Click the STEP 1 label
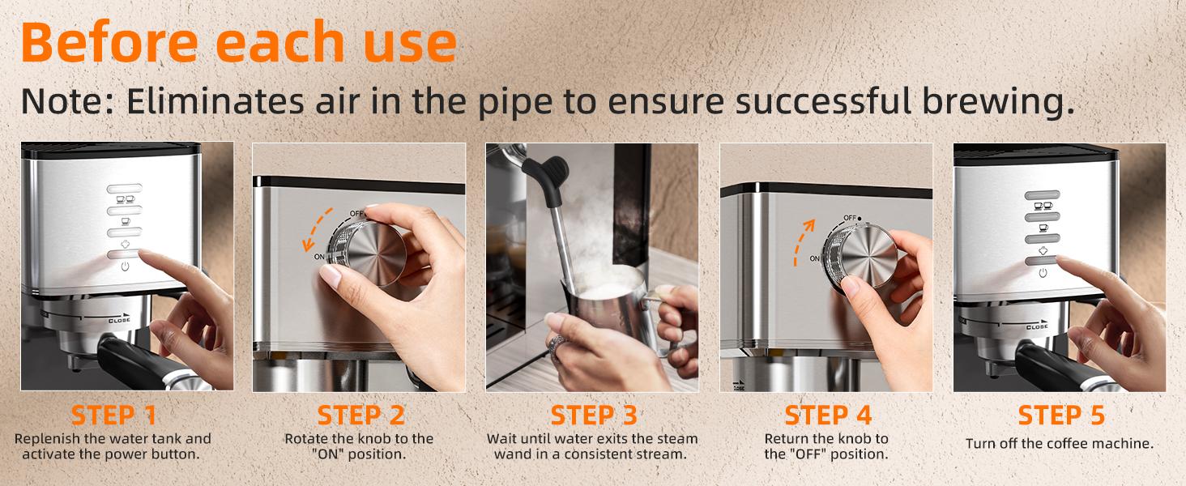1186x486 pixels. [x=114, y=415]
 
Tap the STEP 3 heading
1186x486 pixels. [x=594, y=415]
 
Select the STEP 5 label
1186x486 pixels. [x=1061, y=415]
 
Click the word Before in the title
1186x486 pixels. [x=109, y=42]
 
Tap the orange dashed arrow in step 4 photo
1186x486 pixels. [x=803, y=241]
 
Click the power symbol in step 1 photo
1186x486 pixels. [x=125, y=266]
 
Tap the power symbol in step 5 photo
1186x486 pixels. [x=1043, y=273]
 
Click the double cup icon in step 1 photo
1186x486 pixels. [x=125, y=199]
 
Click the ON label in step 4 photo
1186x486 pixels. [x=815, y=258]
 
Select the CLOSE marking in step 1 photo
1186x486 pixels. [x=119, y=320]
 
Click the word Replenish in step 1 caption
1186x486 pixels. [x=47, y=439]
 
